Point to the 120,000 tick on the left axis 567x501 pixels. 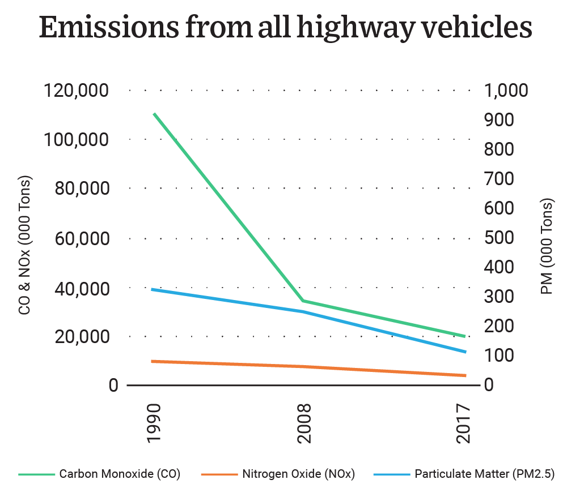(x=77, y=91)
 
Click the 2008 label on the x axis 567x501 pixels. (x=304, y=424)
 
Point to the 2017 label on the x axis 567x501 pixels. (x=465, y=424)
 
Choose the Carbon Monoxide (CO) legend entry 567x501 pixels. (x=120, y=474)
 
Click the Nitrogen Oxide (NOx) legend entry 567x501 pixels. (x=298, y=474)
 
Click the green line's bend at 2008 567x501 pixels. (x=304, y=301)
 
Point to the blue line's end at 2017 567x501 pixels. (x=465, y=352)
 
